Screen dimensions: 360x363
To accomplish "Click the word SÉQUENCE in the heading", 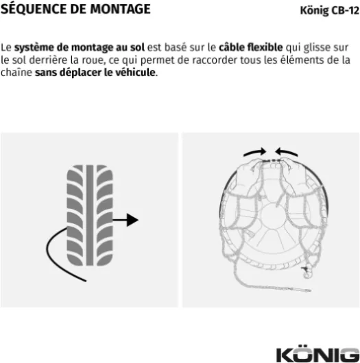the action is pos(34,9).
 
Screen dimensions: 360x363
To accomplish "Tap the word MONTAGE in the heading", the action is pos(120,10).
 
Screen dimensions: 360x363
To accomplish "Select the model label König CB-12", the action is pos(329,11).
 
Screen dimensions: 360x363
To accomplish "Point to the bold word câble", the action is pos(232,47).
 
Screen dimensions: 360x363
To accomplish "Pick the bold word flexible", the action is pos(265,47).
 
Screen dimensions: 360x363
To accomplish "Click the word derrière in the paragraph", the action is pos(48,60).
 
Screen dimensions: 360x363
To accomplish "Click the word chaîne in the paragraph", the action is pos(16,73).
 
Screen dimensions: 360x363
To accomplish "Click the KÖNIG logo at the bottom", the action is pos(317,354).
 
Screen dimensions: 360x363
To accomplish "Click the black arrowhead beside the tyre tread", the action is pos(132,220).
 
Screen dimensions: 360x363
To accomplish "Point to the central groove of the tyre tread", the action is pos(90,215).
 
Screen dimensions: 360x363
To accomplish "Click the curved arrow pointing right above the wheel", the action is pos(254,152).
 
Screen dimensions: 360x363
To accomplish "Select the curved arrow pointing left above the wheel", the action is pos(287,152).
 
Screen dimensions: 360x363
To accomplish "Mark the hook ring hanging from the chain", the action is pos(307,275).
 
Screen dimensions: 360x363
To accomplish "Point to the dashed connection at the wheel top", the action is pos(272,160).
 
